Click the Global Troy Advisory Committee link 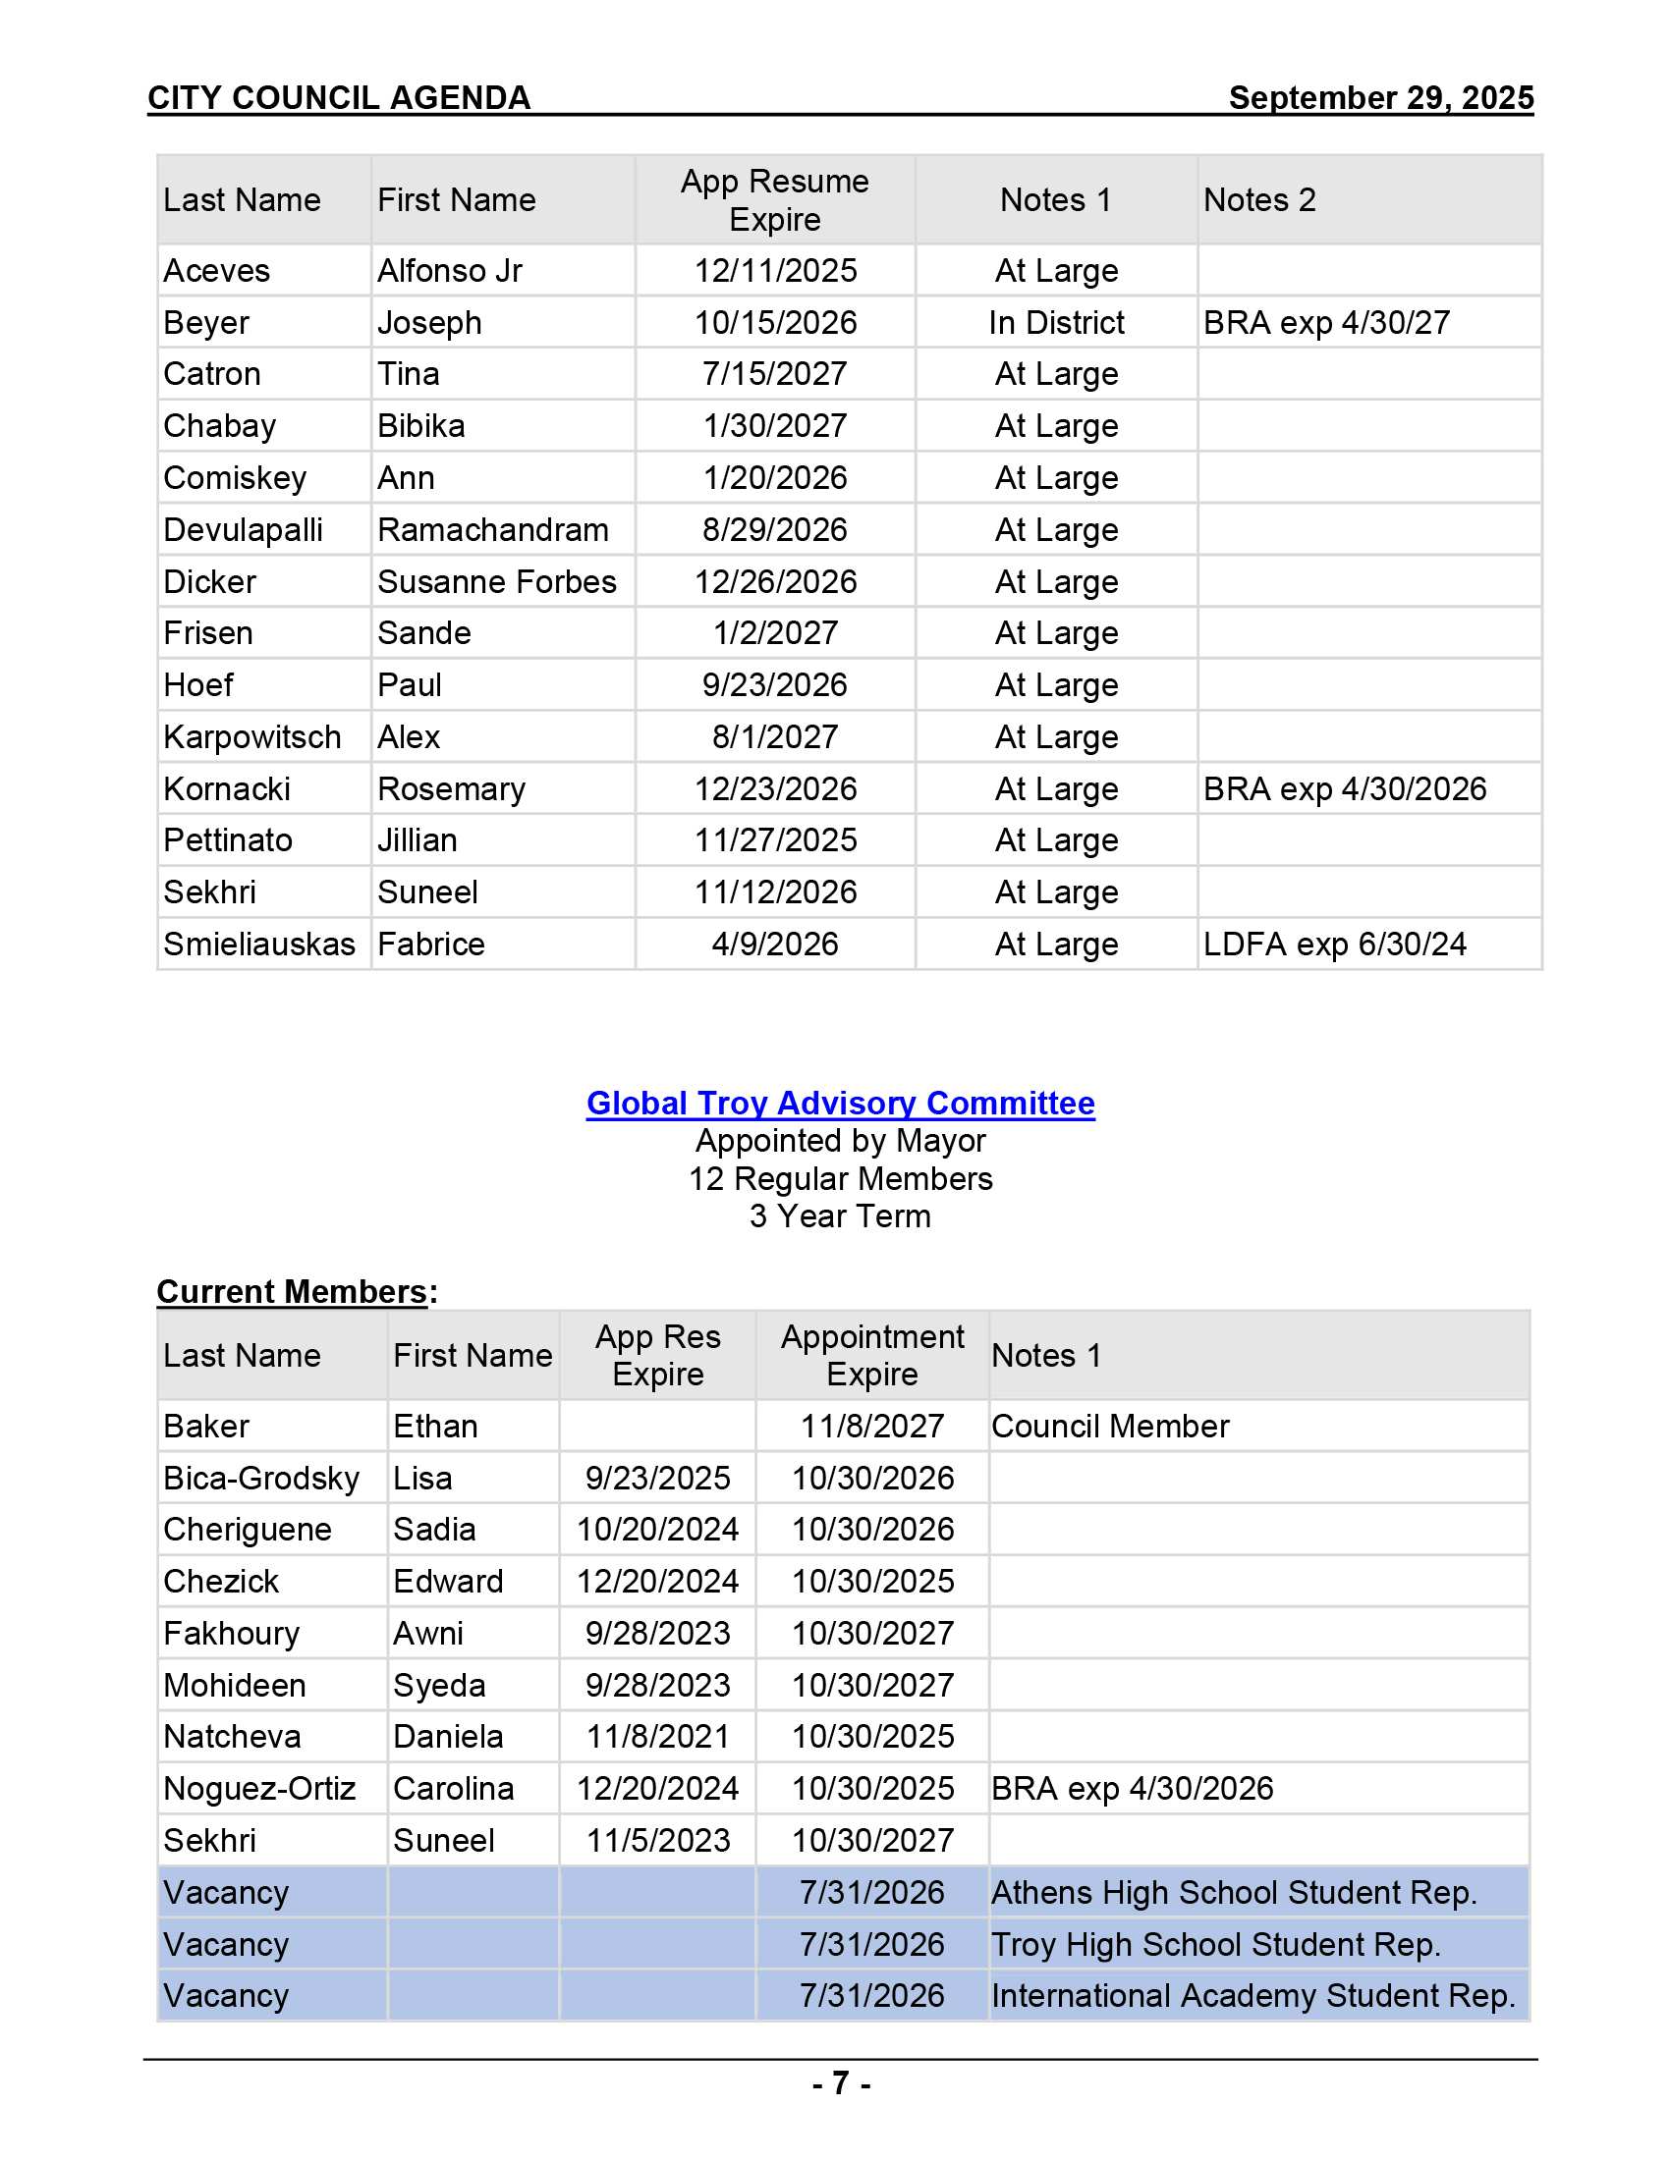pyautogui.click(x=840, y=1103)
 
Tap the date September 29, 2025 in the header pyautogui.click(x=1380, y=98)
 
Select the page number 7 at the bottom pyautogui.click(x=840, y=2082)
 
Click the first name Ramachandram pyautogui.click(x=493, y=530)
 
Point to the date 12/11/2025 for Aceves pyautogui.click(x=775, y=271)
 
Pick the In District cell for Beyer pyautogui.click(x=1056, y=322)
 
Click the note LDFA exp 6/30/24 pyautogui.click(x=1334, y=945)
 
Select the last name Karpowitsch pyautogui.click(x=252, y=736)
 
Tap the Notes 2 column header pyautogui.click(x=1258, y=200)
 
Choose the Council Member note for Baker pyautogui.click(x=1109, y=1427)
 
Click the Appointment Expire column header pyautogui.click(x=871, y=1355)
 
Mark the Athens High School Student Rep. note pyautogui.click(x=1233, y=1892)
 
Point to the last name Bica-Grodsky pyautogui.click(x=261, y=1478)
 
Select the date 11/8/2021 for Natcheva pyautogui.click(x=658, y=1737)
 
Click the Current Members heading pyautogui.click(x=293, y=1292)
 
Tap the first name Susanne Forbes pyautogui.click(x=497, y=581)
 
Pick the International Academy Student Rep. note pyautogui.click(x=1252, y=1996)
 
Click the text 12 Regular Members pyautogui.click(x=840, y=1179)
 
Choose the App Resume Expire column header pyautogui.click(x=775, y=200)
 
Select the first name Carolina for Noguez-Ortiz pyautogui.click(x=453, y=1788)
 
